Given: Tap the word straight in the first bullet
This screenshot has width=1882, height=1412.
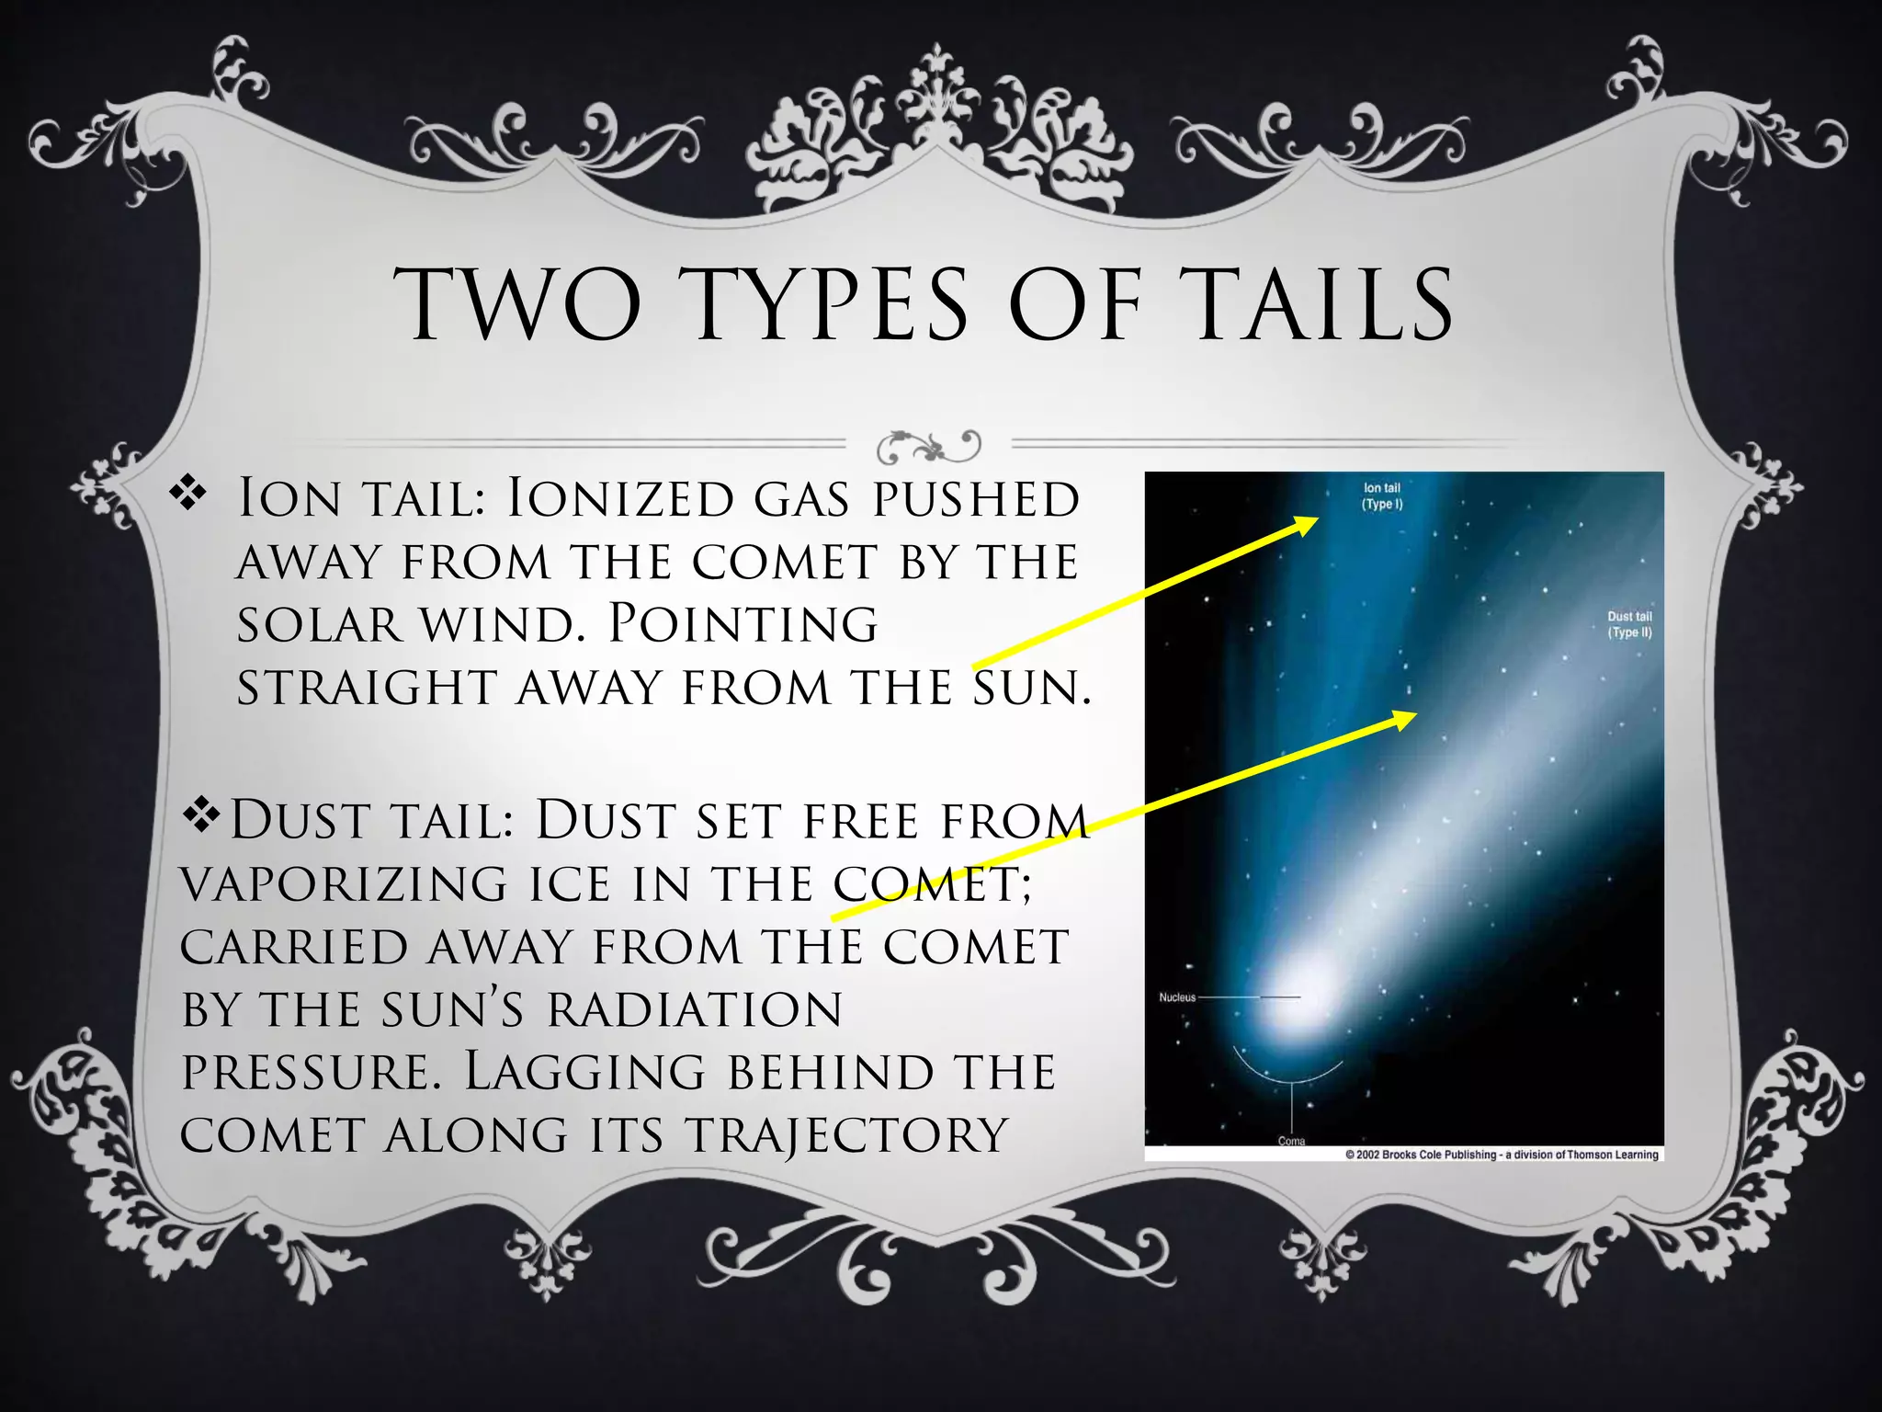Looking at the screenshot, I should (367, 688).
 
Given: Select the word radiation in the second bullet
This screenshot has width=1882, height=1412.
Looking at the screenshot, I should (695, 1009).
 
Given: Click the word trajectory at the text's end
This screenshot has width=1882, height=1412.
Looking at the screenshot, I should (847, 1134).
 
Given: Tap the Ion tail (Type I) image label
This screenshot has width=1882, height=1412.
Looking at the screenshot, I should (1382, 496).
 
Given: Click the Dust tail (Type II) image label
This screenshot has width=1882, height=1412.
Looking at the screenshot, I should (1629, 624).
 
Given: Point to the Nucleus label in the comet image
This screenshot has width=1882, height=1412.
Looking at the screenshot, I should (1177, 997).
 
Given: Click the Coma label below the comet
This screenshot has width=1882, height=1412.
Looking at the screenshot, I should (1291, 1141).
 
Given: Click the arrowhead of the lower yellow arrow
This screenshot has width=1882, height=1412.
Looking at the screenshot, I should (1407, 718).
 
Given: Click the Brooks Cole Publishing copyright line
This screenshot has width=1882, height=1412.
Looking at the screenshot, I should (1502, 1155).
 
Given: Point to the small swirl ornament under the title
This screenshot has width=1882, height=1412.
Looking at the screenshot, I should (929, 446).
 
